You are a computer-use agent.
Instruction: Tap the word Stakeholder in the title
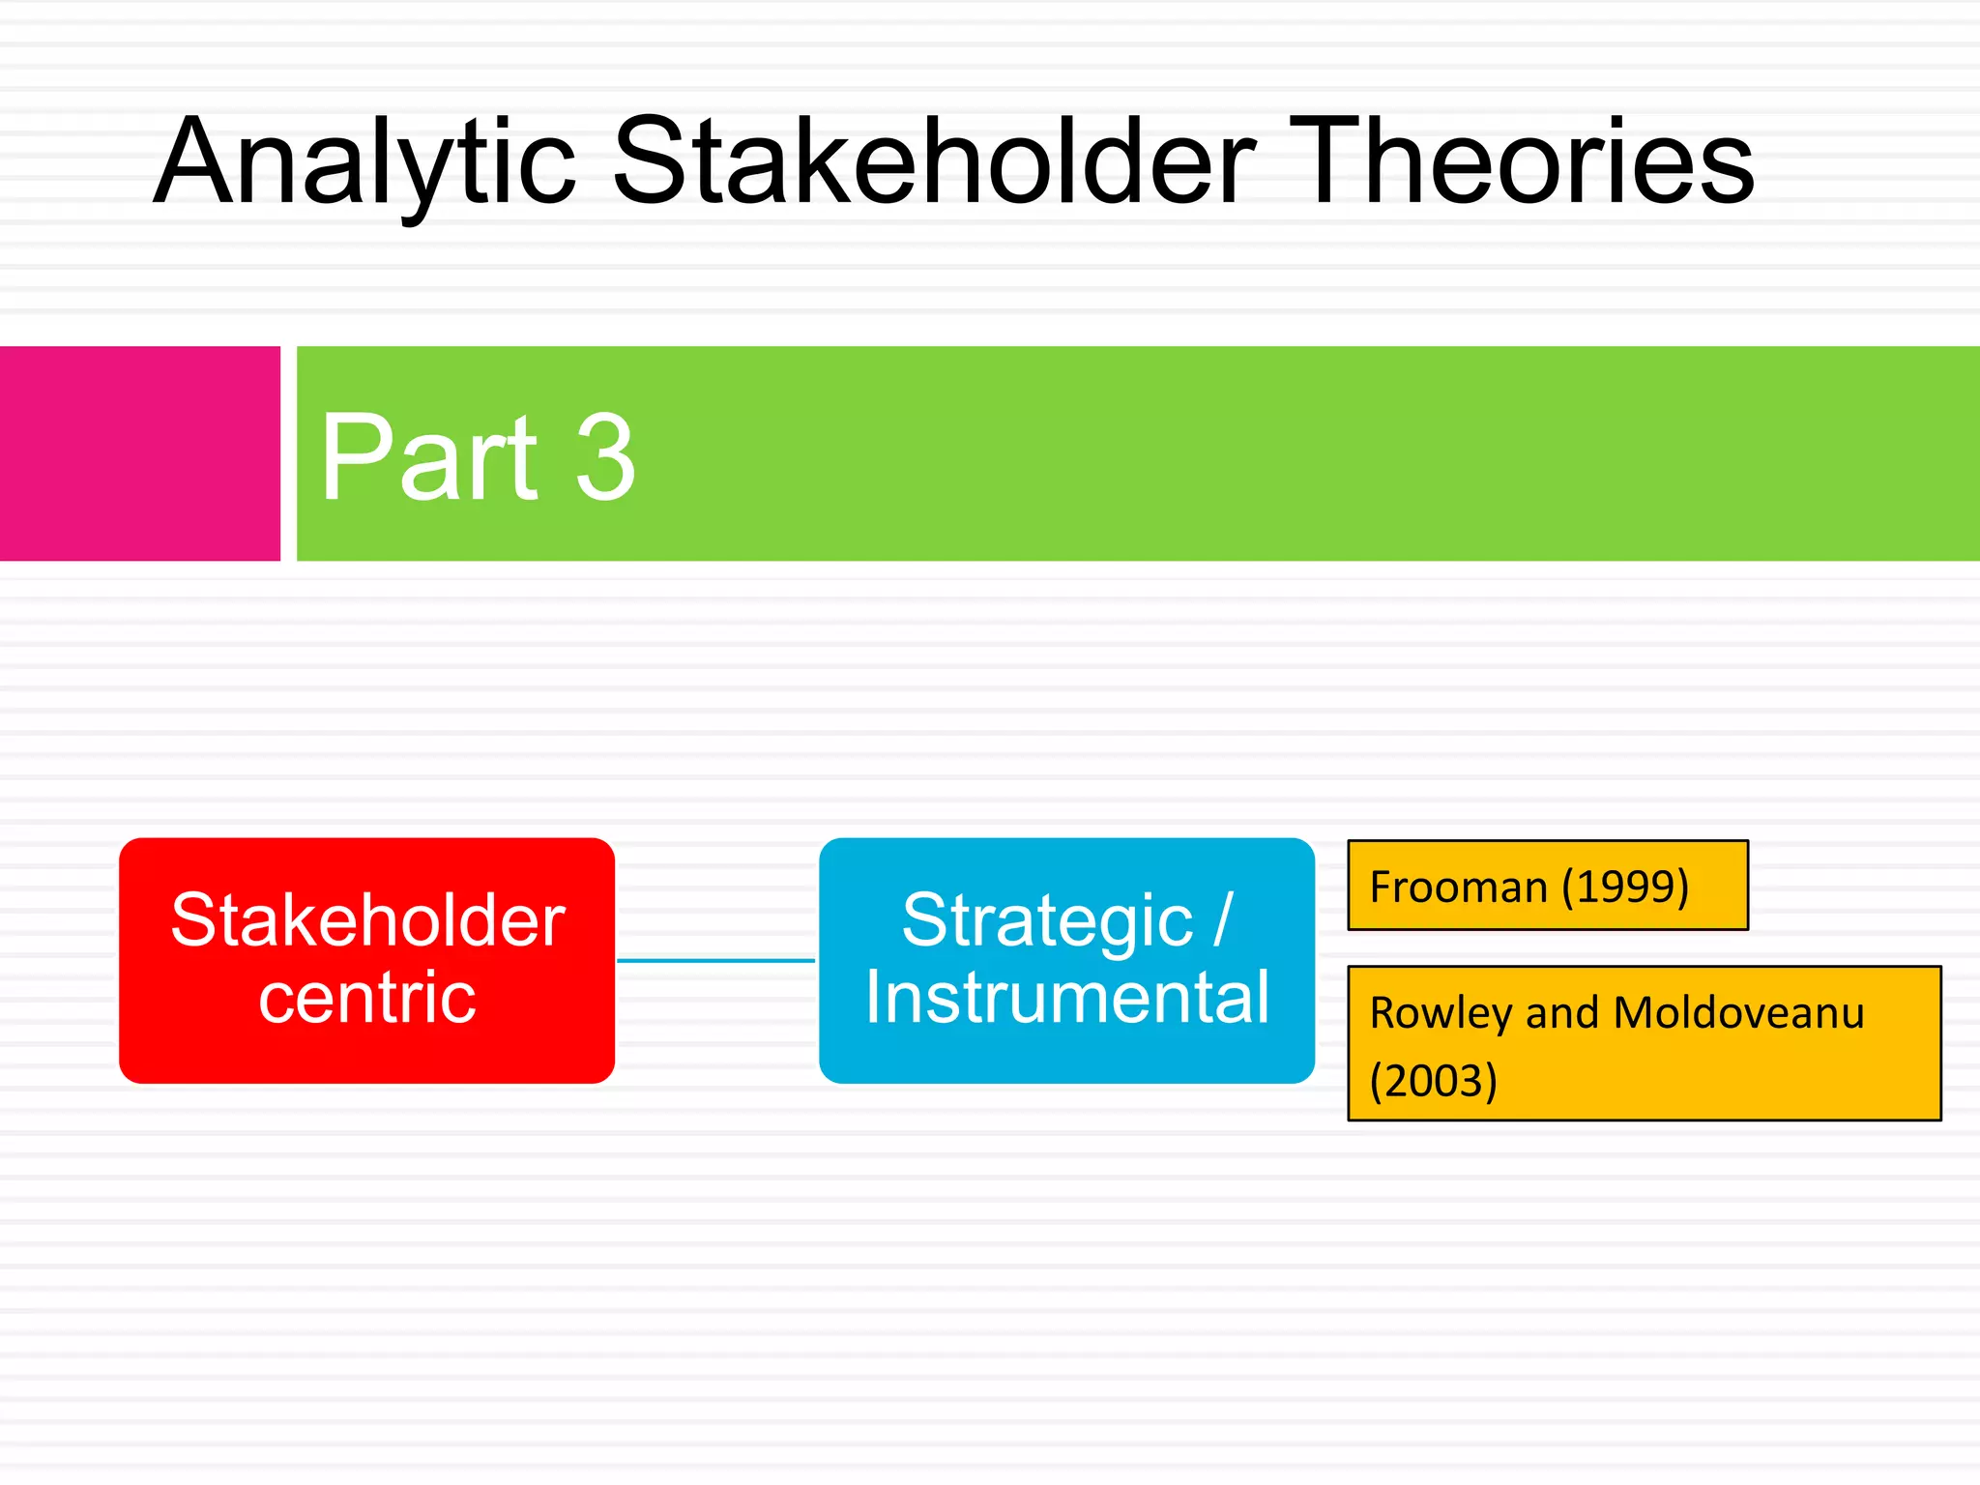pos(934,162)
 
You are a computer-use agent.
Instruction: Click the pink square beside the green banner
pos(139,453)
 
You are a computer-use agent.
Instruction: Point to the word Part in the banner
pos(428,456)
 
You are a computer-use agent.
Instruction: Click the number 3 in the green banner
pos(605,456)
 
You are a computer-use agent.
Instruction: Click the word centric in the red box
pos(366,998)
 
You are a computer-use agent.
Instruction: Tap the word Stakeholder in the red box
pos(367,919)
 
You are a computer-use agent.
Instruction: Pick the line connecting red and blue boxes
pos(715,960)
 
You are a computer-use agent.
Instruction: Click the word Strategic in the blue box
pos(1047,919)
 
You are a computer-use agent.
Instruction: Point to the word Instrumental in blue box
pos(1066,998)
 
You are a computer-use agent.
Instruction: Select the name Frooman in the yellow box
pos(1458,887)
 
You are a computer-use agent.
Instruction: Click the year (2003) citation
pos(1433,1081)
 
